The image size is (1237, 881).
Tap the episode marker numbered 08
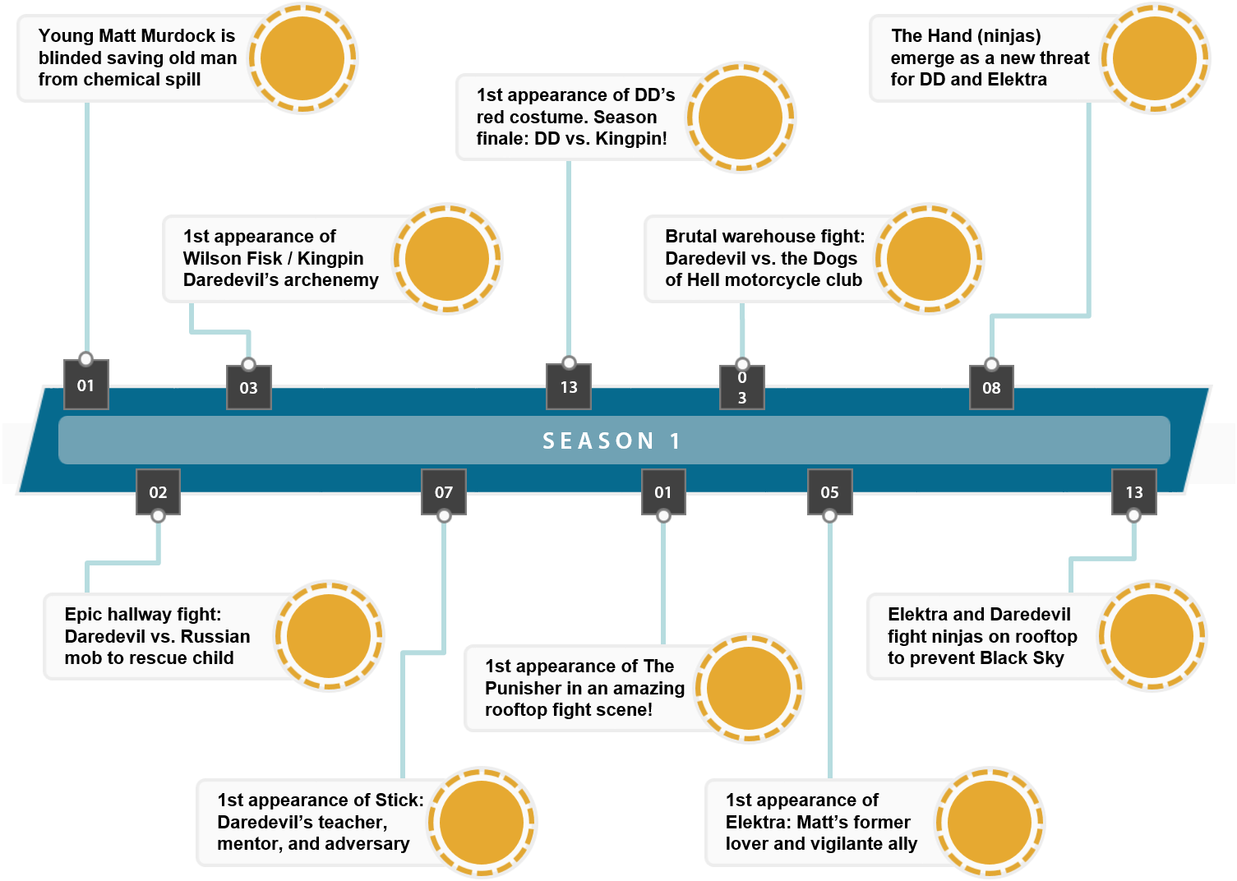(x=991, y=388)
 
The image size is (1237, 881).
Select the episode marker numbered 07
(x=444, y=492)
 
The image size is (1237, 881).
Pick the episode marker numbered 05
(x=829, y=492)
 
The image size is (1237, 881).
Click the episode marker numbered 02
(x=158, y=492)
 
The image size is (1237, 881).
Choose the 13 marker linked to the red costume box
(x=569, y=387)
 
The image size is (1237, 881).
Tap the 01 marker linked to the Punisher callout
(x=663, y=492)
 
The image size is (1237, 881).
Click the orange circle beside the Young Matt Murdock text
(x=302, y=58)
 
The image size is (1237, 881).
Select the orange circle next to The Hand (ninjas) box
(x=1155, y=58)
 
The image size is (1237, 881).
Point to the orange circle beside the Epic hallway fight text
(x=329, y=636)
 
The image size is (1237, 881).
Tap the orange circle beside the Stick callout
(x=482, y=822)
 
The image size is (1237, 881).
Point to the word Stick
(x=399, y=800)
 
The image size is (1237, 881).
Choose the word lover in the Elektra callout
(x=745, y=844)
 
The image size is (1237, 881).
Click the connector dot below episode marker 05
(x=829, y=516)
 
